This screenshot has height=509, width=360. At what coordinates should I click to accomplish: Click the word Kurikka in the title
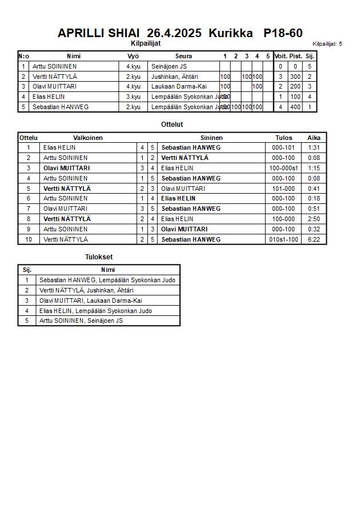point(231,33)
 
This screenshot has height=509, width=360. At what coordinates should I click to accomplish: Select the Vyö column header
point(133,56)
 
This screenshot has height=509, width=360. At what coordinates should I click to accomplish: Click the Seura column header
point(183,56)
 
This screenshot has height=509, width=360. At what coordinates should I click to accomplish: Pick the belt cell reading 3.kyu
point(133,97)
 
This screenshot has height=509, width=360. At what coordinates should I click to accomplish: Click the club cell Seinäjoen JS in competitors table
point(169,66)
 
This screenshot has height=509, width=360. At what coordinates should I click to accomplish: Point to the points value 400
point(295,107)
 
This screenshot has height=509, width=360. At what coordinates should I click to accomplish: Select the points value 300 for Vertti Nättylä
point(295,77)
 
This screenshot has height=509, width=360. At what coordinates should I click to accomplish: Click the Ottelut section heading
point(172,124)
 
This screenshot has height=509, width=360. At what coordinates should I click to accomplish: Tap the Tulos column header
point(283,138)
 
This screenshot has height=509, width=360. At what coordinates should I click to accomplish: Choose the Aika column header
point(314,138)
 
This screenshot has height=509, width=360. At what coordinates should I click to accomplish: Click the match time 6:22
point(314,239)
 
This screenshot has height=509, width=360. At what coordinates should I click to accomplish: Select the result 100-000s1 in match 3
point(283,168)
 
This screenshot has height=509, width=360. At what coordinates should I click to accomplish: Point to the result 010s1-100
point(283,239)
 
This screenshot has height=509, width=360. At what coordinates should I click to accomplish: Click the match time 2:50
point(314,219)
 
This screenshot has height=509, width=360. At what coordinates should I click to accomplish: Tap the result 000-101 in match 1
point(283,147)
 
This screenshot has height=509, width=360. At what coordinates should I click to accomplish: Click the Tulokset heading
point(99,257)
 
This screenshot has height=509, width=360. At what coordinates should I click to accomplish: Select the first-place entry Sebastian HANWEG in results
point(107,280)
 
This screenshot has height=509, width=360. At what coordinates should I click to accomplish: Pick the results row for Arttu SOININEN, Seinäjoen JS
point(81,320)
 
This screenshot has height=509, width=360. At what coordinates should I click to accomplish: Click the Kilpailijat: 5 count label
point(327,43)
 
